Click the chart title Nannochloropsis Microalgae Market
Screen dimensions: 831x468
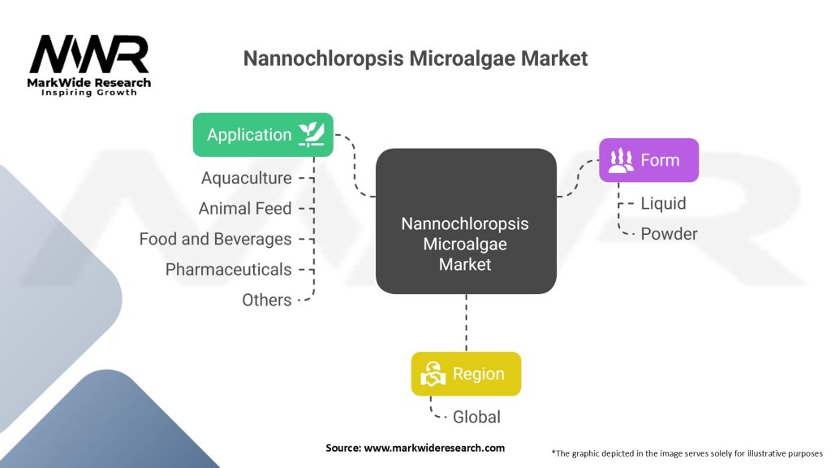(x=415, y=58)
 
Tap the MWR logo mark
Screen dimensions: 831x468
(x=89, y=54)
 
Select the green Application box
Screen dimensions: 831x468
(x=262, y=135)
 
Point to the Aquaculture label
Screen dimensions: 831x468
(x=246, y=178)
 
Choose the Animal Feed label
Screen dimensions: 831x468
(x=244, y=209)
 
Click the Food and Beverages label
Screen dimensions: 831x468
(x=215, y=239)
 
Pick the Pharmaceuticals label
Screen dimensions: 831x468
(x=228, y=269)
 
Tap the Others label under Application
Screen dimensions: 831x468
(x=266, y=300)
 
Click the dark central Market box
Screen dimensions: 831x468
(x=466, y=221)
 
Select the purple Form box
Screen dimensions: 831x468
(x=648, y=160)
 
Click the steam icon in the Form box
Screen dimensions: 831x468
(x=621, y=160)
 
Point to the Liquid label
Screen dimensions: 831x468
(x=663, y=203)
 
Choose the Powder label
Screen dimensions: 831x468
(x=669, y=234)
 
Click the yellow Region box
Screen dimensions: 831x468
(x=466, y=374)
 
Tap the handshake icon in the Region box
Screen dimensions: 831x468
(x=433, y=375)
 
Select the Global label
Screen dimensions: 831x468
(x=476, y=417)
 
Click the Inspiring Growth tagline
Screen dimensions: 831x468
(x=89, y=93)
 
